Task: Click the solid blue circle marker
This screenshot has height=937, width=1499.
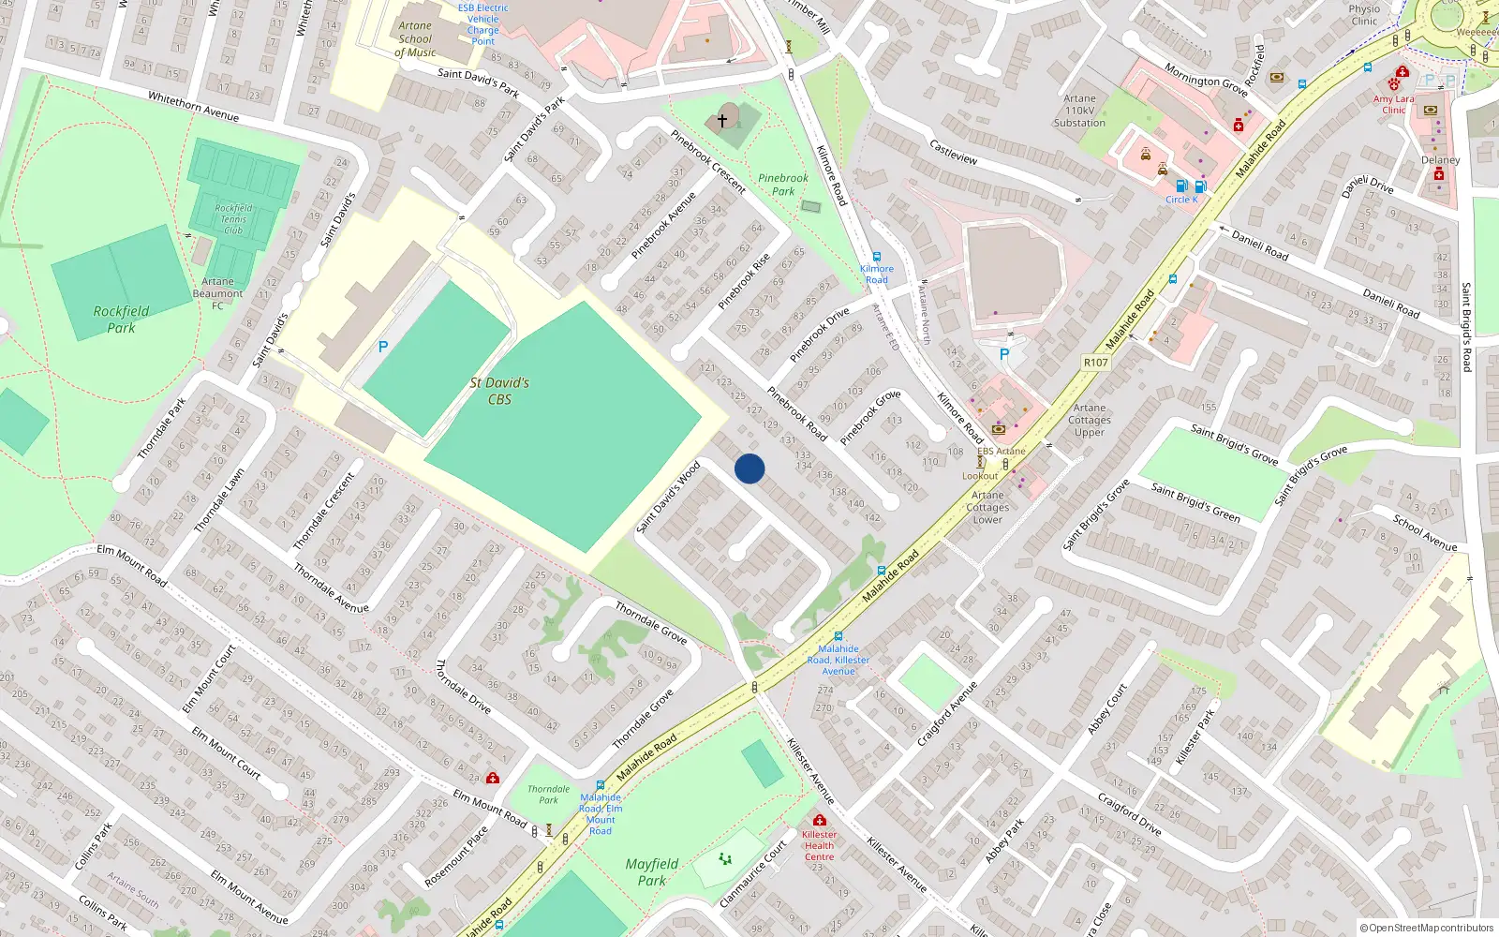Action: [x=749, y=468]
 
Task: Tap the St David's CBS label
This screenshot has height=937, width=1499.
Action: [x=499, y=391]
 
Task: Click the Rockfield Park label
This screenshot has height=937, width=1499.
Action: [x=121, y=320]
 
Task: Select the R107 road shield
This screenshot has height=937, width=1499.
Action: [x=1095, y=363]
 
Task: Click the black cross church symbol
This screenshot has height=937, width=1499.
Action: [x=722, y=121]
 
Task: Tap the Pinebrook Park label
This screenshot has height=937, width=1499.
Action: [x=783, y=185]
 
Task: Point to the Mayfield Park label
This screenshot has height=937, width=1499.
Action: [x=652, y=872]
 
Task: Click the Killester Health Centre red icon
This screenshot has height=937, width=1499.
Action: [x=820, y=821]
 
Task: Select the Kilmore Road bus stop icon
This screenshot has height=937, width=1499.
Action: [x=877, y=257]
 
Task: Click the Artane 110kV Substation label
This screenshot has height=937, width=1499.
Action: [x=1079, y=111]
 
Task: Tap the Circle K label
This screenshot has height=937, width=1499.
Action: [x=1181, y=200]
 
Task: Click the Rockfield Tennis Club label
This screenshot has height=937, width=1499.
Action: [x=233, y=219]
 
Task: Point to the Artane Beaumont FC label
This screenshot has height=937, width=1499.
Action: [x=217, y=293]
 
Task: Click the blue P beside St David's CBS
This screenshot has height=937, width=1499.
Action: [x=382, y=347]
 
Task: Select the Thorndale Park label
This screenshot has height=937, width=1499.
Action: [x=548, y=795]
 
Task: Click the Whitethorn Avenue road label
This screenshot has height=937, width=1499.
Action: [x=193, y=106]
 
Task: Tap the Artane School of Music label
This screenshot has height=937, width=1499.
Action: [x=415, y=39]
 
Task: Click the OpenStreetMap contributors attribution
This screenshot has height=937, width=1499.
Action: [x=1427, y=928]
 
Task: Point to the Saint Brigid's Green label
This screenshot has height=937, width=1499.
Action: [x=1195, y=502]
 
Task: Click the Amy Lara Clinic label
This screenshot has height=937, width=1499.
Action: [x=1393, y=104]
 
